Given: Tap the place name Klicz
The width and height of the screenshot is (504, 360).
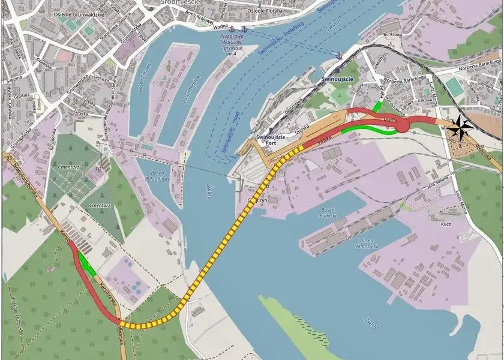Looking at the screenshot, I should (446, 224).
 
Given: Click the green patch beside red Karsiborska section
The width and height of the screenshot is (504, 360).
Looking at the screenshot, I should (88, 265).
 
